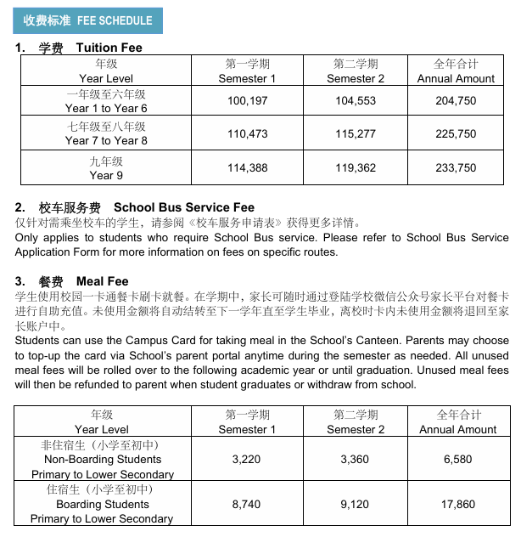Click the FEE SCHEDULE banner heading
88,20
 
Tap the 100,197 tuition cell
247,101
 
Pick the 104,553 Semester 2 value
356,101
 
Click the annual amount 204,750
456,101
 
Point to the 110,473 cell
247,134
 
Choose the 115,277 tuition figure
356,134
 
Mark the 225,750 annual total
456,134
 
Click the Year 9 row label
106,168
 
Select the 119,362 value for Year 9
356,168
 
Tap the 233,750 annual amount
456,168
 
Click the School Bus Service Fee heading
135,207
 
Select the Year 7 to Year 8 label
106,134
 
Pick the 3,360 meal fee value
356,459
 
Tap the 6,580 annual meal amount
459,459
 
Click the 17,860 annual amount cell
459,504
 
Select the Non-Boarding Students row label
102,460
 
